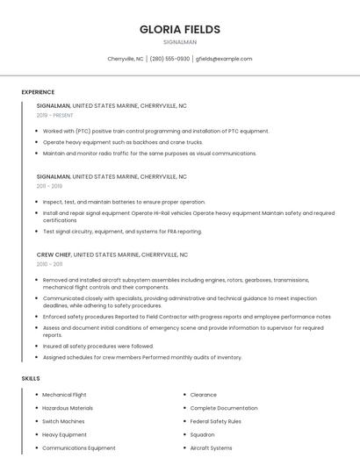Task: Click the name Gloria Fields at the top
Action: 180,29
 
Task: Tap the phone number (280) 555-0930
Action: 169,59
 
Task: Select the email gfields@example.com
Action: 224,59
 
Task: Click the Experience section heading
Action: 38,92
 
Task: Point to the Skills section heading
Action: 31,378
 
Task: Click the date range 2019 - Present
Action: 54,115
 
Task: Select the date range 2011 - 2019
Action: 49,186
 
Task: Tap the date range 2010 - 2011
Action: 49,264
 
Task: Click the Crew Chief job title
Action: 54,254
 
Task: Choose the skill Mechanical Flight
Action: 64,395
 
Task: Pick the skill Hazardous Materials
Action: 67,408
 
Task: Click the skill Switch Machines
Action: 63,421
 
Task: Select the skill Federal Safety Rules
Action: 216,421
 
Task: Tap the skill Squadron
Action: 203,434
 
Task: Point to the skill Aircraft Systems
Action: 212,447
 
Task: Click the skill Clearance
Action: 204,395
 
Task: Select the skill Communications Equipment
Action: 79,447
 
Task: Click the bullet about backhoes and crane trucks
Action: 123,142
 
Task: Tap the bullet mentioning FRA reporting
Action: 122,232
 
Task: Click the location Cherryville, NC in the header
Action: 126,59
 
